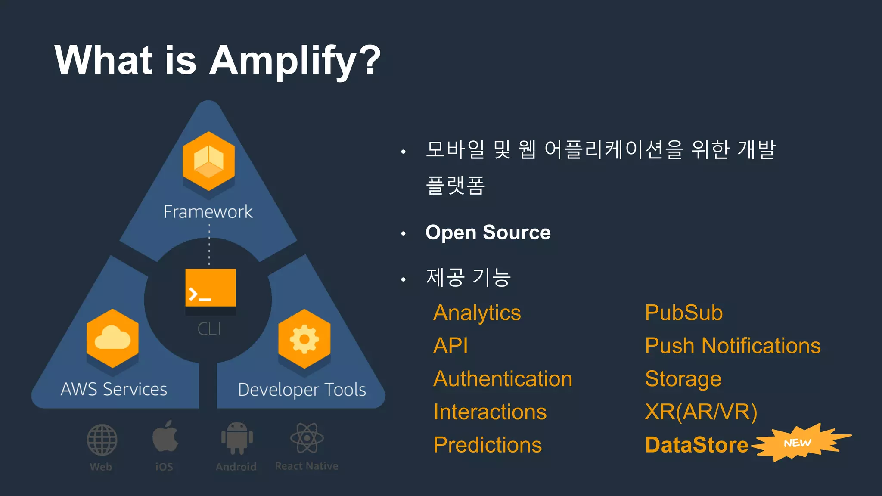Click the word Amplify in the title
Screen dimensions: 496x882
[295, 61]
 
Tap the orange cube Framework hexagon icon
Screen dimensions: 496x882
[208, 161]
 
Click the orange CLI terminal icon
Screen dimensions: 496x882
[210, 288]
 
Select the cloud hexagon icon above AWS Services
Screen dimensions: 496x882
[112, 338]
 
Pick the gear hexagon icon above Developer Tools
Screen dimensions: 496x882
[304, 339]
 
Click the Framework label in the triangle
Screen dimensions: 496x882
[208, 212]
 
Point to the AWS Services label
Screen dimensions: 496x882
[114, 389]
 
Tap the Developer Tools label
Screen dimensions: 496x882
[302, 390]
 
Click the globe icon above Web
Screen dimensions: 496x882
[102, 440]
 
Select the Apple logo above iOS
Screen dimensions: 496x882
[165, 437]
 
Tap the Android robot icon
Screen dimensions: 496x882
[236, 438]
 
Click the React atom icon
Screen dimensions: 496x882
[307, 438]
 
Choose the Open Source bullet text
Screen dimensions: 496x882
[488, 232]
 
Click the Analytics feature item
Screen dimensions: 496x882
[477, 313]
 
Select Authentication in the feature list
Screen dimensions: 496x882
[503, 379]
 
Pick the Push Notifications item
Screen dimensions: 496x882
[733, 346]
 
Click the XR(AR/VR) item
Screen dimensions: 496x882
[701, 412]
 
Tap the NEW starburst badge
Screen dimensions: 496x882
[798, 443]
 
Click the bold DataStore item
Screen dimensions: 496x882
[696, 445]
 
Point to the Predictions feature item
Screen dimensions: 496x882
[487, 445]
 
